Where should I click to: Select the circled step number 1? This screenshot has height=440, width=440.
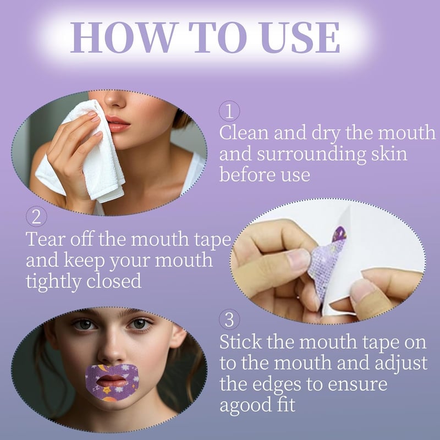coord(229,111)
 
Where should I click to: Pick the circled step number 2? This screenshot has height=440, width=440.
coord(36,216)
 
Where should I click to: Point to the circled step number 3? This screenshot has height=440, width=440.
coord(229,320)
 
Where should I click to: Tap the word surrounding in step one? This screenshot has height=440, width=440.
coord(311,155)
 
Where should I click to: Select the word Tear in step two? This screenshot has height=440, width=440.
coord(45,239)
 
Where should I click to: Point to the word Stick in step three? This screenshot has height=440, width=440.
coord(240,342)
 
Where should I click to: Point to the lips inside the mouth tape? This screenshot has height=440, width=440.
coord(112,381)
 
